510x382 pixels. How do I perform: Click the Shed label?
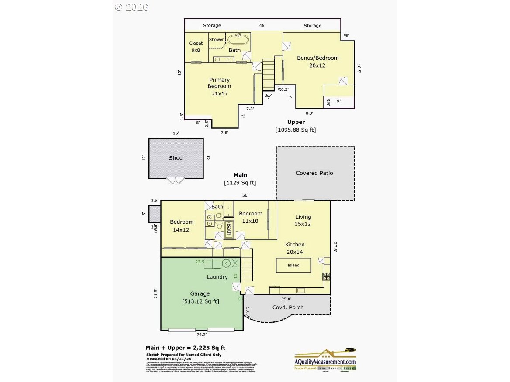click(x=176, y=158)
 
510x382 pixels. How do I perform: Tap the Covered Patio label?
click(x=314, y=173)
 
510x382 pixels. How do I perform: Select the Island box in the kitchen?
click(x=293, y=265)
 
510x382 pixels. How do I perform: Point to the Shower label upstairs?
click(x=216, y=39)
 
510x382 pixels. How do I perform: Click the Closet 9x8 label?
click(x=196, y=47)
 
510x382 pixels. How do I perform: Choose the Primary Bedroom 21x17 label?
click(x=219, y=86)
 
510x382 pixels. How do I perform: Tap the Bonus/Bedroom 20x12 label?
click(x=317, y=61)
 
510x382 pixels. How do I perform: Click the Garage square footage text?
click(x=200, y=301)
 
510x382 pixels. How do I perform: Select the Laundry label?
click(x=217, y=277)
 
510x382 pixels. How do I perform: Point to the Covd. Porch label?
click(x=288, y=307)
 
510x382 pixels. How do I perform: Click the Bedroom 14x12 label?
click(x=182, y=225)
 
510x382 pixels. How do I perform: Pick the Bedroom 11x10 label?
click(x=251, y=217)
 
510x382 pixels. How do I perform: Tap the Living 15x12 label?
click(x=303, y=220)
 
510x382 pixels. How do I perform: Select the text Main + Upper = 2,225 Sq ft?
click(x=186, y=348)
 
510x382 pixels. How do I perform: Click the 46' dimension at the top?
click(x=262, y=26)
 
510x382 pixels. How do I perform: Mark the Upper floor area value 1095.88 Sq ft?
click(x=295, y=130)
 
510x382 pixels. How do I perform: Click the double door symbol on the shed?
click(x=176, y=181)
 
